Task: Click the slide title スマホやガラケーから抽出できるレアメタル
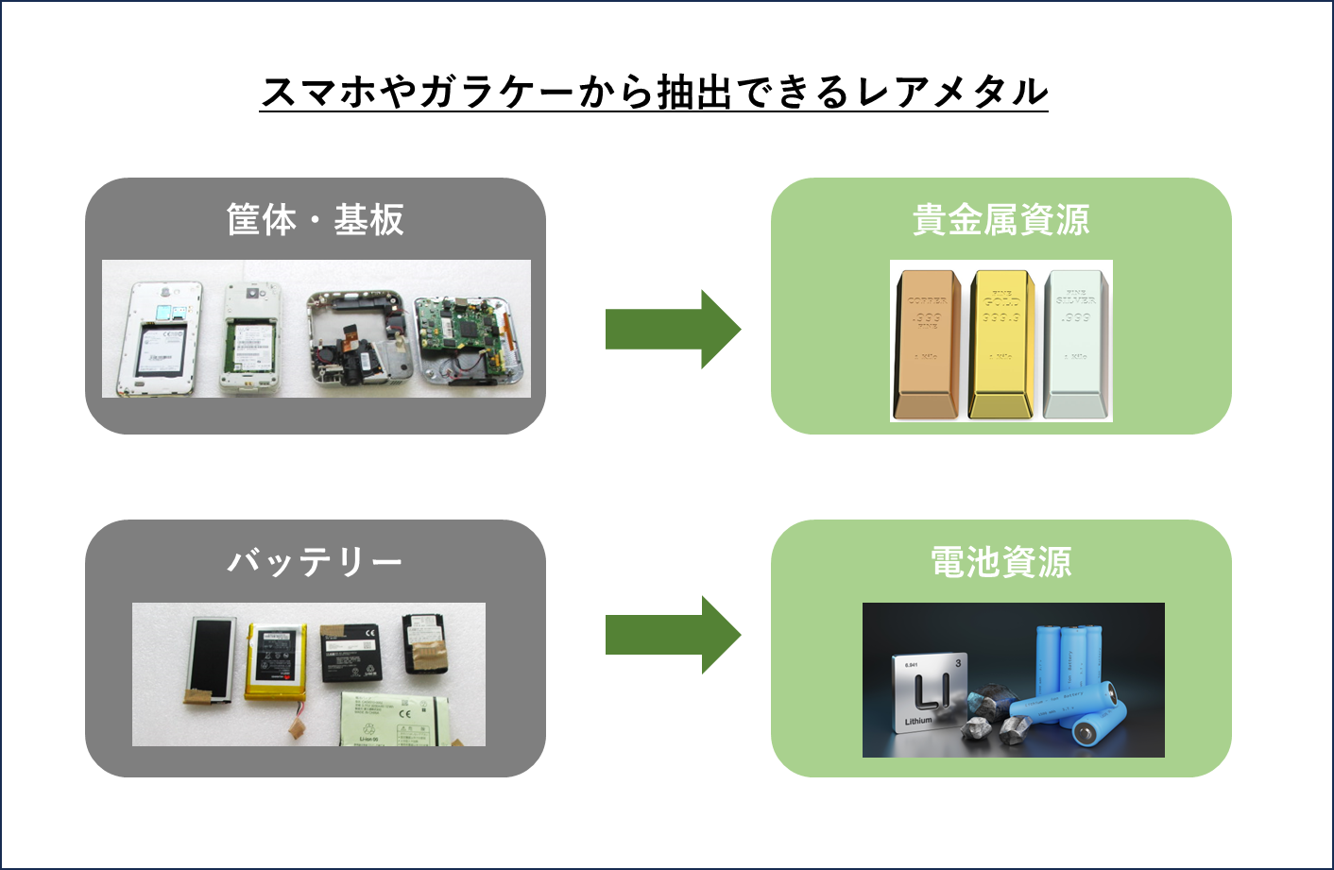[654, 92]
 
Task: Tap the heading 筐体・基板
[315, 220]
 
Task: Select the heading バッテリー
[315, 562]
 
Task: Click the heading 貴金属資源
[1000, 220]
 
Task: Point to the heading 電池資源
[1000, 562]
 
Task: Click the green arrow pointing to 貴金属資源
[672, 329]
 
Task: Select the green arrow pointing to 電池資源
[672, 634]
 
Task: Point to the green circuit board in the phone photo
[461, 331]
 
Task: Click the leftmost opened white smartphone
[160, 338]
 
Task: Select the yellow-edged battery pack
[276, 661]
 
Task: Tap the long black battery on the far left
[211, 658]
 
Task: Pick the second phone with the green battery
[250, 338]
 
